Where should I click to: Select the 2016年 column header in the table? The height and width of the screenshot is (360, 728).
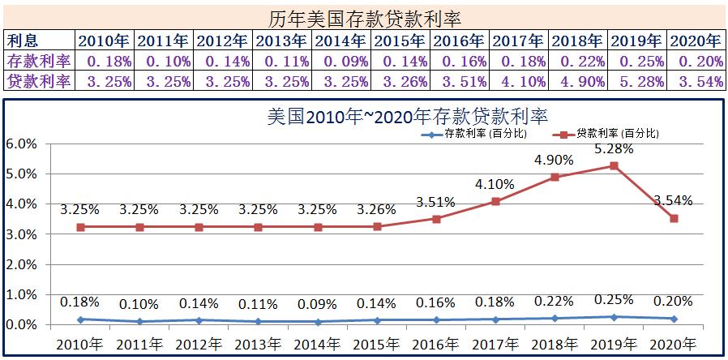pyautogui.click(x=460, y=40)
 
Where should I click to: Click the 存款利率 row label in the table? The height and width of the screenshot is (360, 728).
pyautogui.click(x=38, y=60)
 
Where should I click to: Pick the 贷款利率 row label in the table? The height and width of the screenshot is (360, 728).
pyautogui.click(x=38, y=80)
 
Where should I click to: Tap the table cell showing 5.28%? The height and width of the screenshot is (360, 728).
pyautogui.click(x=637, y=80)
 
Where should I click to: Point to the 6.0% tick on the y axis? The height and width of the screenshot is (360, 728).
pyautogui.click(x=22, y=144)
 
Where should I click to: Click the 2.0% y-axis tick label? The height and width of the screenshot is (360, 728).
pyautogui.click(x=22, y=264)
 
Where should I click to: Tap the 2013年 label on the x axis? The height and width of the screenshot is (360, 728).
pyautogui.click(x=258, y=344)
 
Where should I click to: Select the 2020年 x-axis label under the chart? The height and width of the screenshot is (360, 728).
pyautogui.click(x=674, y=344)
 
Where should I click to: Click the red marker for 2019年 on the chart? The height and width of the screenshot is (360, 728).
pyautogui.click(x=614, y=165)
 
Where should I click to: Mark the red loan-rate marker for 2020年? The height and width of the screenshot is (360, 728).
pyautogui.click(x=674, y=218)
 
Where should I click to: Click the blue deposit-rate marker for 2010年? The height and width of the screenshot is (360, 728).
pyautogui.click(x=80, y=319)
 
